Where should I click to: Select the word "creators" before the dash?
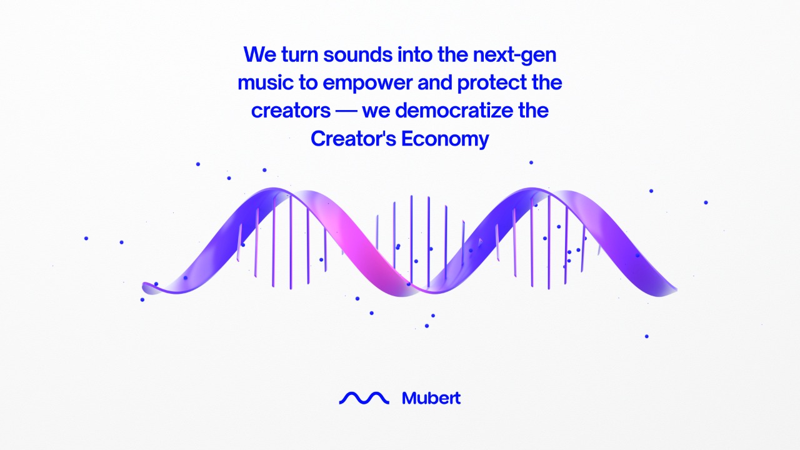pyautogui.click(x=291, y=111)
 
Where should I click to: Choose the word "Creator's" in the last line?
pyautogui.click(x=353, y=139)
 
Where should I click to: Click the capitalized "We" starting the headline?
pyautogui.click(x=259, y=54)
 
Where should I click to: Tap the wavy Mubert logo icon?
pyautogui.click(x=364, y=397)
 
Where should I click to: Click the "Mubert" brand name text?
pyautogui.click(x=431, y=397)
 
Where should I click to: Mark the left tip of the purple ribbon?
pyautogui.click(x=146, y=287)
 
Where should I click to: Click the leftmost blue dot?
pyautogui.click(x=86, y=238)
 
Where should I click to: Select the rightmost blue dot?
pyautogui.click(x=706, y=202)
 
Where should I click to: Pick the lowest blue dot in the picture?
pyautogui.click(x=646, y=336)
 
